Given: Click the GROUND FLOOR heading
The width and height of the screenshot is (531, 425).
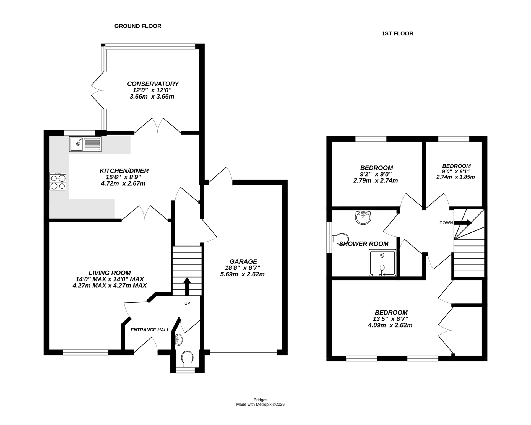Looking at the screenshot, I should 138,26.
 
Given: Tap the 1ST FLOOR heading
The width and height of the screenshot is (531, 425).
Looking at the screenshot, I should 397,33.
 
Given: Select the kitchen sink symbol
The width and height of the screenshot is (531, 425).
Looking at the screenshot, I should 85,144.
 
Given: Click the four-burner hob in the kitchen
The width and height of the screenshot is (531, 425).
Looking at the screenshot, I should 58,181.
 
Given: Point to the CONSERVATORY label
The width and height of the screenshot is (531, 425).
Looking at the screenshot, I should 153,84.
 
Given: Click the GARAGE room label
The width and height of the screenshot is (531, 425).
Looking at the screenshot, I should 243,261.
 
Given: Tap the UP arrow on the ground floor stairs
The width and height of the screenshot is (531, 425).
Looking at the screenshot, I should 187,286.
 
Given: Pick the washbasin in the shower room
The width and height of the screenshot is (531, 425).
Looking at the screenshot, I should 363,218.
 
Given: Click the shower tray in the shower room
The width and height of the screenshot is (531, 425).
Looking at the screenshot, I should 382,263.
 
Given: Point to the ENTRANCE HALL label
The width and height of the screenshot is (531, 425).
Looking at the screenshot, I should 150,330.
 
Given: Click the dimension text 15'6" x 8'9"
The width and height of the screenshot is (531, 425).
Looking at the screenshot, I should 124,177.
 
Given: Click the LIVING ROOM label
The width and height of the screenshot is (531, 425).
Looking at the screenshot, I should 110,273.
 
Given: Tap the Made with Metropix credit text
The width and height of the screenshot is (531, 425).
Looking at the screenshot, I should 260,404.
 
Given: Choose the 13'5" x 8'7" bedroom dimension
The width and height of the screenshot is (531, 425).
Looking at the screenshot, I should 391,319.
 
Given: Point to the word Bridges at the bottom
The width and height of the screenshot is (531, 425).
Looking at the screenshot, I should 260,400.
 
